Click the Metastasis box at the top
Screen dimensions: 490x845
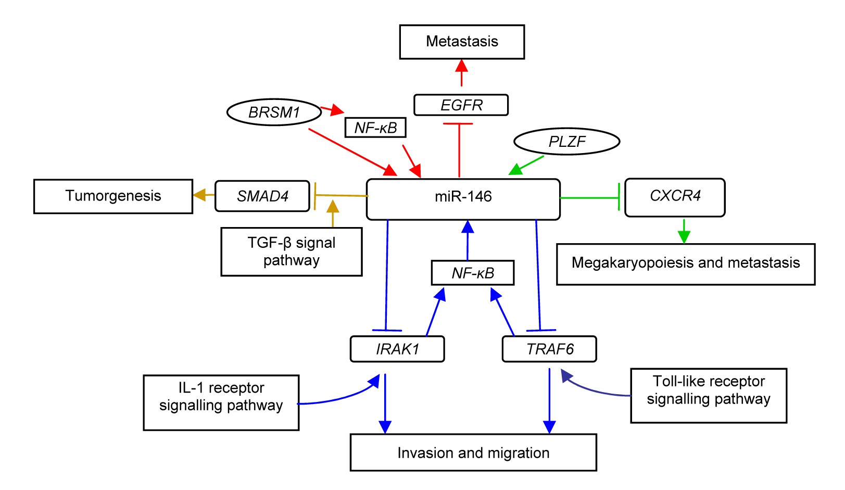pyautogui.click(x=462, y=42)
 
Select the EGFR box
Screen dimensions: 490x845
pyautogui.click(x=461, y=105)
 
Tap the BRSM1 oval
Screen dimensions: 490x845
pyautogui.click(x=274, y=112)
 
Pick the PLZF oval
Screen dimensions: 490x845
pyautogui.click(x=566, y=142)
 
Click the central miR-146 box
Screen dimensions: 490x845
pyautogui.click(x=463, y=199)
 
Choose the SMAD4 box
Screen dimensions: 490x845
pyautogui.click(x=262, y=196)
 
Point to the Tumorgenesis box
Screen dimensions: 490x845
pyautogui.click(x=113, y=196)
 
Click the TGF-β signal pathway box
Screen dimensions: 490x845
pyautogui.click(x=291, y=252)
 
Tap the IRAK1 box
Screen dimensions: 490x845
pyautogui.click(x=397, y=349)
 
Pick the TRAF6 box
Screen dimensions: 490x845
pyautogui.click(x=549, y=349)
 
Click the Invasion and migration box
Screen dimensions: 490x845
pyautogui.click(x=473, y=453)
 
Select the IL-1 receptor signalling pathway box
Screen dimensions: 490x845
pyautogui.click(x=221, y=403)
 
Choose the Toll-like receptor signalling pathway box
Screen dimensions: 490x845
pyautogui.click(x=708, y=396)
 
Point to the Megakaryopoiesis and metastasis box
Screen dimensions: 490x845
pyautogui.click(x=685, y=264)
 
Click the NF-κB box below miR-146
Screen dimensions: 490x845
pyautogui.click(x=473, y=273)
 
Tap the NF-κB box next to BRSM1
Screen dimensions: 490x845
pyautogui.click(x=375, y=128)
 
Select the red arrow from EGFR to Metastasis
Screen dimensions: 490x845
pyautogui.click(x=461, y=73)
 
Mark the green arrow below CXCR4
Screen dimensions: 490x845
pyautogui.click(x=684, y=231)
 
